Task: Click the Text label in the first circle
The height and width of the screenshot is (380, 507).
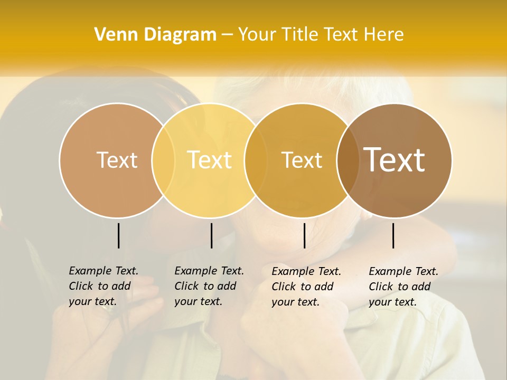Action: click(117, 160)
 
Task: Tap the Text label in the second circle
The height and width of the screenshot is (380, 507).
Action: click(210, 160)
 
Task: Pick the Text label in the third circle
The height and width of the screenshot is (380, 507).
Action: click(302, 160)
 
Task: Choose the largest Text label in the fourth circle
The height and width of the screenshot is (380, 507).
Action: click(395, 160)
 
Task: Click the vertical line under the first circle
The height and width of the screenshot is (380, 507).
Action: click(118, 235)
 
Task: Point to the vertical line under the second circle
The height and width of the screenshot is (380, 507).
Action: click(211, 235)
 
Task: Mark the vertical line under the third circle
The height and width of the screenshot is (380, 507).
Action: click(304, 235)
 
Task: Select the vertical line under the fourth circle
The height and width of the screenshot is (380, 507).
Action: click(393, 235)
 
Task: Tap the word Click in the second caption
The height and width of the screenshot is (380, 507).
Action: click(186, 286)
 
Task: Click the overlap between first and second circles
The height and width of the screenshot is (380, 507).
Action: click(163, 160)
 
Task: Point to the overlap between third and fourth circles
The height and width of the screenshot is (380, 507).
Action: click(347, 160)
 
